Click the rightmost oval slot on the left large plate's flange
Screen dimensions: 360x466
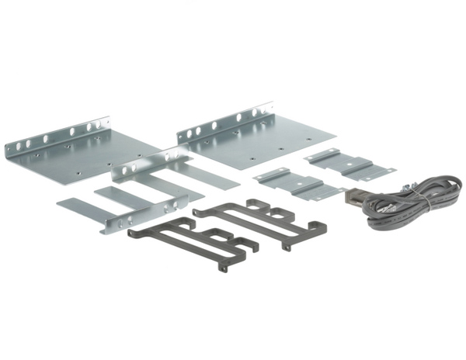[x=102, y=122]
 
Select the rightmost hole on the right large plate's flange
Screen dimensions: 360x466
[x=268, y=108]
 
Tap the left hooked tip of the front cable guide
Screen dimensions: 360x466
[x=132, y=230]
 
